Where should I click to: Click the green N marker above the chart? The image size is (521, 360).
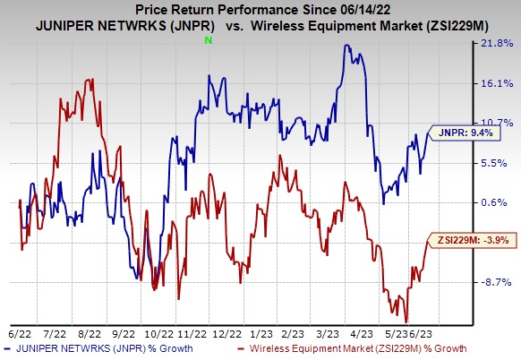click(x=209, y=41)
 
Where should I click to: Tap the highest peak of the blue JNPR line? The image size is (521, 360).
click(x=347, y=45)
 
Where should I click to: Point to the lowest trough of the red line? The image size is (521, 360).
click(x=406, y=321)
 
